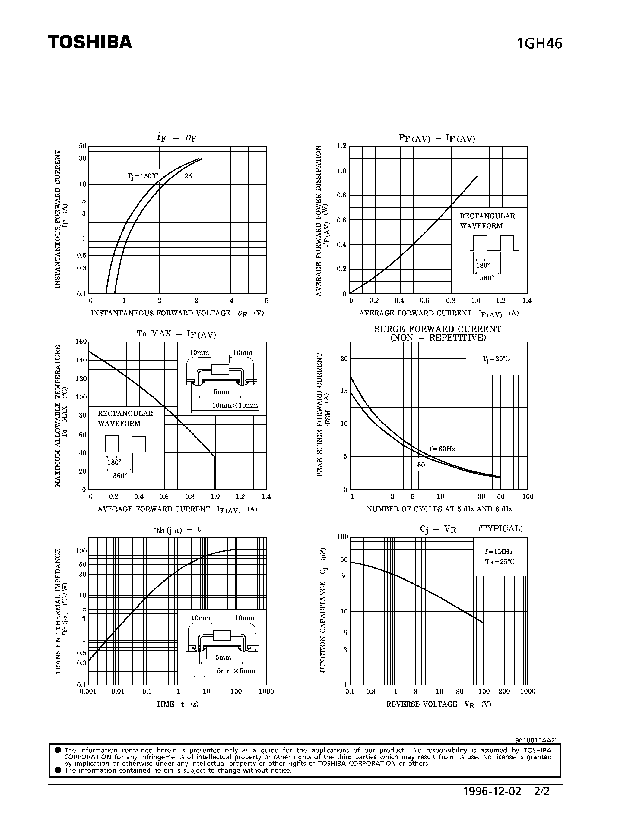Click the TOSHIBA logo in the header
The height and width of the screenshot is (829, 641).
tap(90, 42)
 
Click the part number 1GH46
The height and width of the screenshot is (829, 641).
tap(539, 44)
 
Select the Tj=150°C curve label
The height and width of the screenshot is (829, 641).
tap(143, 176)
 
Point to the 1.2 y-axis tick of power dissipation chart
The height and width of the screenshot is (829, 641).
tap(341, 146)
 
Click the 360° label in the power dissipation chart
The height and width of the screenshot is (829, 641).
tap(487, 278)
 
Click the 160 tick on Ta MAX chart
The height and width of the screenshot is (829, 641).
tap(81, 342)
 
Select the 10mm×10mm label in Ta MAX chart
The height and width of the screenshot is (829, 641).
tap(235, 405)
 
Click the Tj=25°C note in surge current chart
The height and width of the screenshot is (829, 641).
tap(496, 358)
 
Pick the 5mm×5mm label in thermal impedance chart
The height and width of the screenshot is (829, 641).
tap(236, 671)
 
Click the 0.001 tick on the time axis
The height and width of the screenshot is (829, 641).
tap(88, 692)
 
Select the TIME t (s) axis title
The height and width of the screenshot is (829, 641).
tap(177, 704)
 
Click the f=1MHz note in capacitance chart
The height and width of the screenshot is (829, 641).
tap(498, 552)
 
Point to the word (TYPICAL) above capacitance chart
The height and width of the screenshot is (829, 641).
tap(500, 529)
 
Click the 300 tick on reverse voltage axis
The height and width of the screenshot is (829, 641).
tap(504, 692)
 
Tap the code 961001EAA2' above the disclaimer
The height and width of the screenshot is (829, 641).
tap(535, 740)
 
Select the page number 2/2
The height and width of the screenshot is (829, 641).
tap(542, 791)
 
